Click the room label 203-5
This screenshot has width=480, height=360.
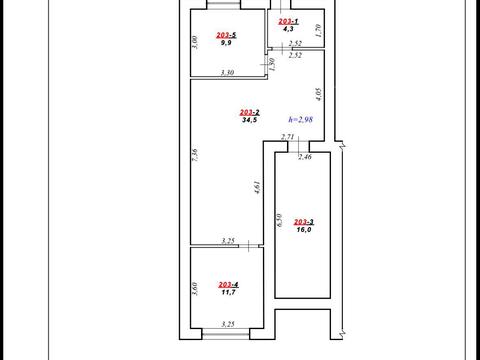coord(226,35)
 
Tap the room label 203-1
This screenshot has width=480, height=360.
coord(288,21)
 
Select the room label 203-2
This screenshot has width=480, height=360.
coord(250,113)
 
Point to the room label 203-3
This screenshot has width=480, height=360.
coord(304,222)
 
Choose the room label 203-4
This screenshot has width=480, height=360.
coord(228,285)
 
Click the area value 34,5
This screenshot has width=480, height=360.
coord(249,120)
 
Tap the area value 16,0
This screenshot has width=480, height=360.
coord(304,229)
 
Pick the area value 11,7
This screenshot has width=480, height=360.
coord(228,292)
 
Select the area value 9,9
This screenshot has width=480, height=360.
coord(226,43)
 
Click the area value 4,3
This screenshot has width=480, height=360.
coord(288,29)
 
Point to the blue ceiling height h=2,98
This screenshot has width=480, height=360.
coord(301,119)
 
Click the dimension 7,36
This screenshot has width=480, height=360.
coord(195,155)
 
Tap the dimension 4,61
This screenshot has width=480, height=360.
coord(257,187)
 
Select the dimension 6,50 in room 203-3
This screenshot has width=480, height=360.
coord(280,220)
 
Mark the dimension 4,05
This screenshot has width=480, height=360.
coord(318,94)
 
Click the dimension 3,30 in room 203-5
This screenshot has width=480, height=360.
coord(227,72)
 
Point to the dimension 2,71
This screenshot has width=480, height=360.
coord(287,137)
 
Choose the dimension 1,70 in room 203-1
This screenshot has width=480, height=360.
coord(318,30)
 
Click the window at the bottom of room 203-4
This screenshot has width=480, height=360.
coord(226,334)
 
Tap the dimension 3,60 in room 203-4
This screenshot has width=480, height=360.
coord(195,289)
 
